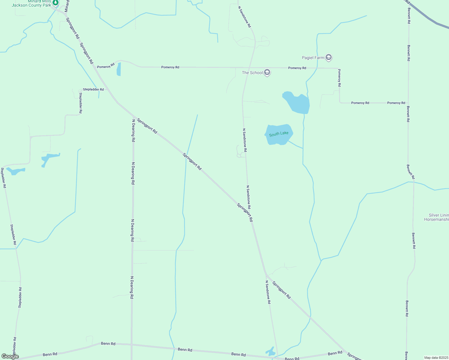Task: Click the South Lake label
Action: coord(279,134)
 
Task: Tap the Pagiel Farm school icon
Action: coord(329,58)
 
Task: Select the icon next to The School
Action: coord(267,73)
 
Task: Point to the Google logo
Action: coord(10,356)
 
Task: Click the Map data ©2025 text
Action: coord(436,358)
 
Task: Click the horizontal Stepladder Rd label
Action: coord(93,89)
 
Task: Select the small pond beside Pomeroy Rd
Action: coord(119,69)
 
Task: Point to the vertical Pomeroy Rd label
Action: coord(339,78)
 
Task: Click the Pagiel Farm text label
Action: coord(313,58)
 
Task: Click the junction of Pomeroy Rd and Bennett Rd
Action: coord(408,103)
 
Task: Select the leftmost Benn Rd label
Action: coord(50,354)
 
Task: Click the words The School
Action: coord(252,73)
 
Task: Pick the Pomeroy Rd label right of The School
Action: coord(297,68)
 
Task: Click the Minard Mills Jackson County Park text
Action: coord(31,3)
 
